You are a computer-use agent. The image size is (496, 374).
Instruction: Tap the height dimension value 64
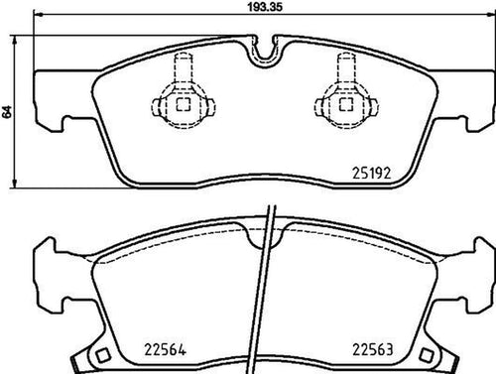pos(9,112)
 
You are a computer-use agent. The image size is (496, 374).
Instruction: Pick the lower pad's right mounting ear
pos(469,284)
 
